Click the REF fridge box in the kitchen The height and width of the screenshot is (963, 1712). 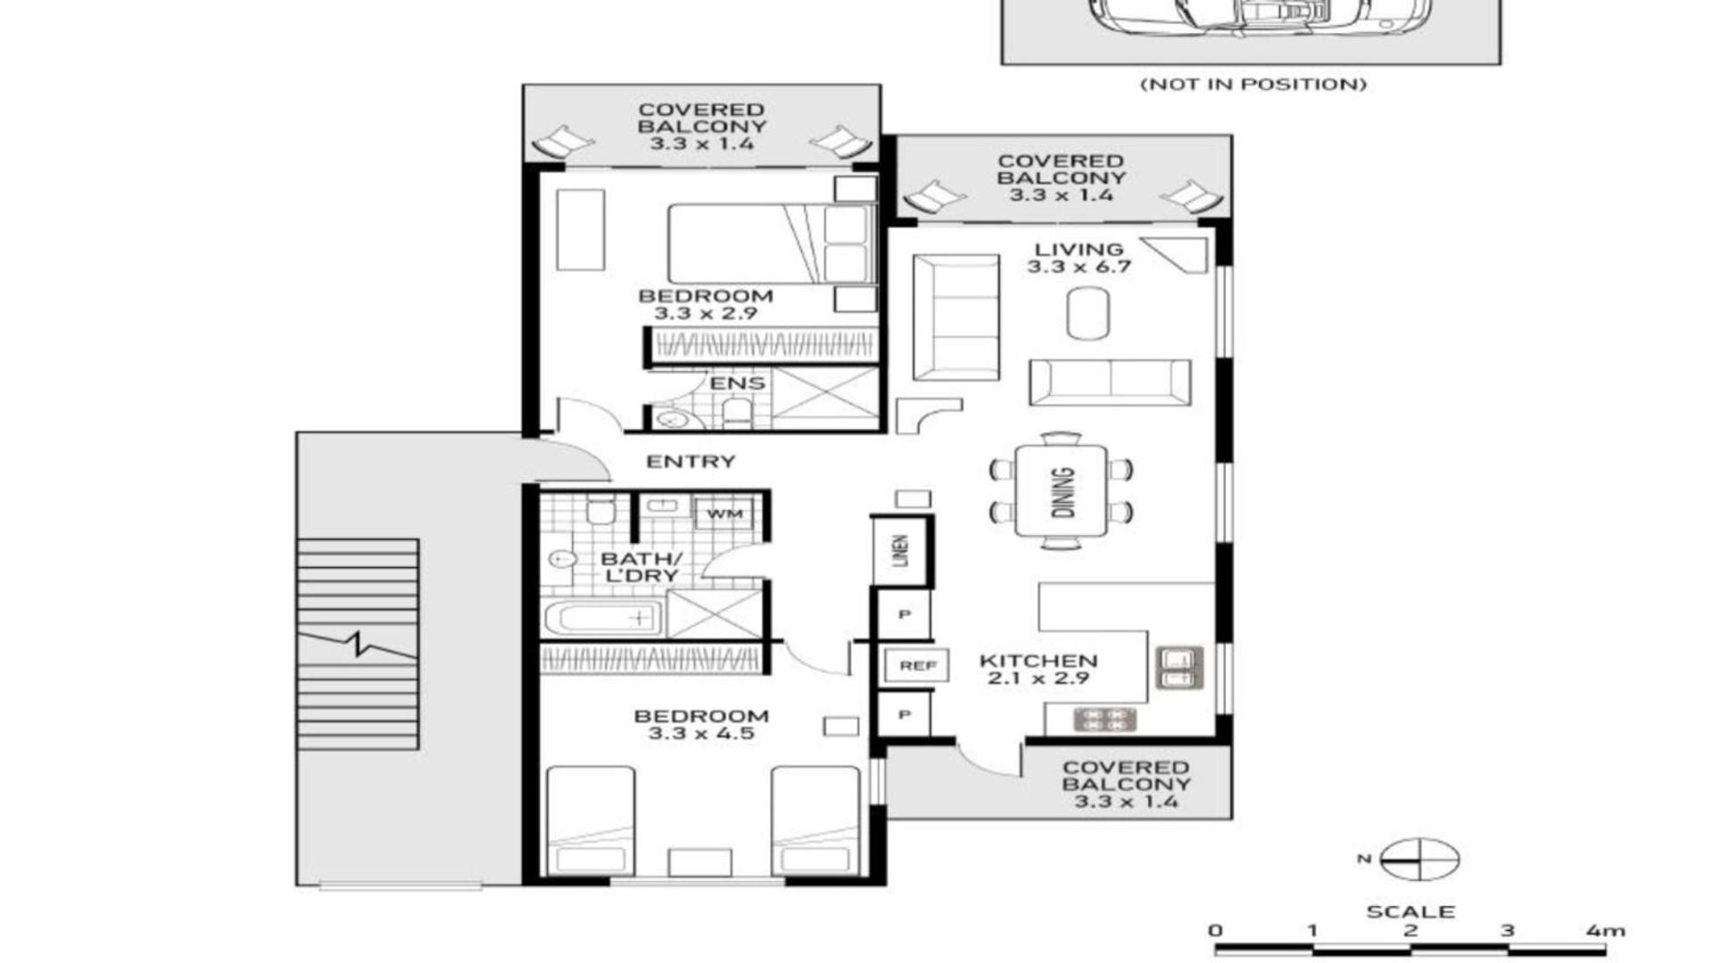coord(916,666)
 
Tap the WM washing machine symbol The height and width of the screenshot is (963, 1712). coord(724,514)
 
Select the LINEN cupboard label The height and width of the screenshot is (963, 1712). coord(901,551)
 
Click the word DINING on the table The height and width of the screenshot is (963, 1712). coord(1063,492)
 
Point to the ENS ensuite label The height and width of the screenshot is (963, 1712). coord(737,383)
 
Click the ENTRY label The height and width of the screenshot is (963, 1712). coord(691,462)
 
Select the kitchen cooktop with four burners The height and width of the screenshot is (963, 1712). coord(1104,720)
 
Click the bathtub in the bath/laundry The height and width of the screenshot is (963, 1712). coord(603,618)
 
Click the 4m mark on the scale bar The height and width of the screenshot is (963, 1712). coord(1606,931)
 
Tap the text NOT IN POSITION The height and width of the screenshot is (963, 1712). coord(1253,85)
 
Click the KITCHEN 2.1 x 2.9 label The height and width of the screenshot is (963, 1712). coord(1038,670)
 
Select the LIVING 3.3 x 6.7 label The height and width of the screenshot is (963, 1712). coord(1079,258)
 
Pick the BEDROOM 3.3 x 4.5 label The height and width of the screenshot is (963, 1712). coord(701,725)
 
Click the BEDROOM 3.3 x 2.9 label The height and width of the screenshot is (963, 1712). coord(705,304)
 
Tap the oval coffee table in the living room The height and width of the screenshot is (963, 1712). coord(1088,313)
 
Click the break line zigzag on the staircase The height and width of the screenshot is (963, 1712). coord(358,644)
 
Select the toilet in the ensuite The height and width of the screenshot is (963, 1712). coord(737,414)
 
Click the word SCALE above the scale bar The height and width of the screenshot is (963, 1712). coord(1410,912)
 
